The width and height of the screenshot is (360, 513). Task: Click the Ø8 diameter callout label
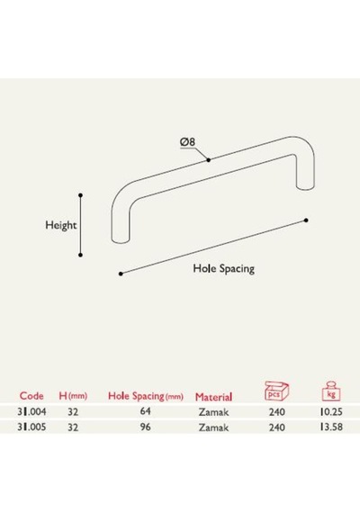point(187,142)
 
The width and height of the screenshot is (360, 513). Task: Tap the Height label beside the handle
point(61,225)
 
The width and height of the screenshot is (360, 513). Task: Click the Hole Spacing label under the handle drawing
point(223,268)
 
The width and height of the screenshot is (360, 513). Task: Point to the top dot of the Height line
point(80,195)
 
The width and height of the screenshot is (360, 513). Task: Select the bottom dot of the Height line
point(80,255)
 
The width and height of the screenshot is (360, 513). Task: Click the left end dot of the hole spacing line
point(121,274)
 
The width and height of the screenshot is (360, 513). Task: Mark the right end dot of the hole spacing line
point(306,220)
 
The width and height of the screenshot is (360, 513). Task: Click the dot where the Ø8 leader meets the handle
point(209,159)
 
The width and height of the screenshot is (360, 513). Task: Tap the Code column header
point(31,396)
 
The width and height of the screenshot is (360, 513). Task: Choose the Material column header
point(213,397)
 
